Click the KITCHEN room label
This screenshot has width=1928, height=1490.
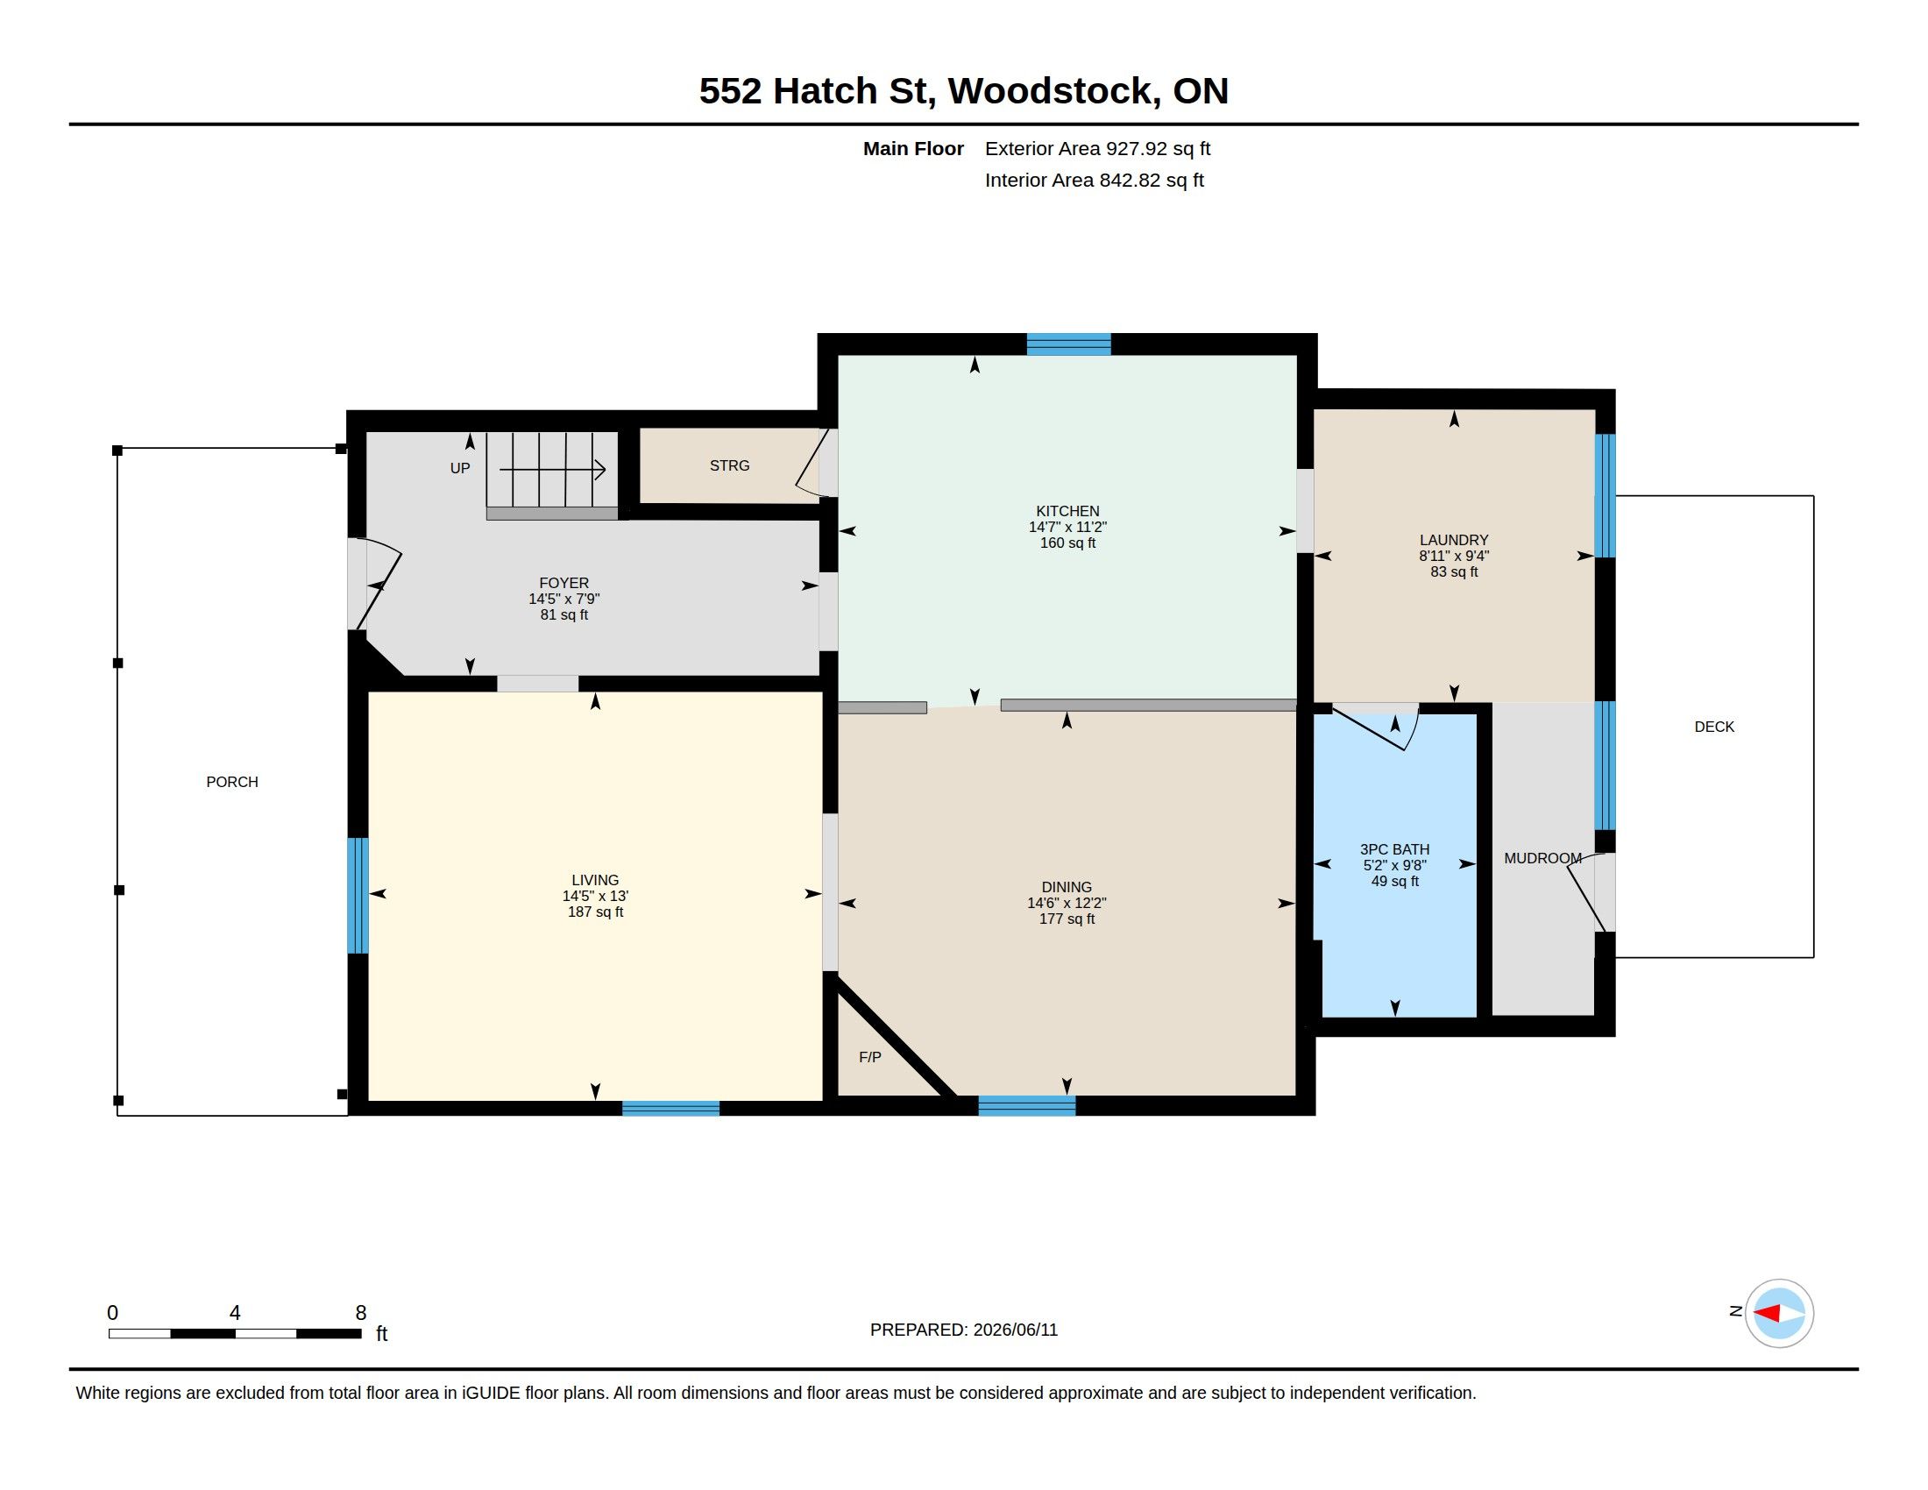[x=1067, y=511]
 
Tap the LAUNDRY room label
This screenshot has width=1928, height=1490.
[x=1454, y=540]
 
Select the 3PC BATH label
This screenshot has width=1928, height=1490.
[x=1395, y=849]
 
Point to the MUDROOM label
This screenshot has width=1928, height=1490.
[x=1542, y=858]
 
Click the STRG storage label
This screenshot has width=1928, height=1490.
[x=729, y=465]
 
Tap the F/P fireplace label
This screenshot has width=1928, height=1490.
[x=869, y=1057]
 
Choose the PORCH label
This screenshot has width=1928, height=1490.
[x=232, y=782]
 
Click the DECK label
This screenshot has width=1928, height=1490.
[x=1714, y=727]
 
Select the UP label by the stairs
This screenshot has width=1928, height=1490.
[x=460, y=468]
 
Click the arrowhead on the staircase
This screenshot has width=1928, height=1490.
[x=600, y=470]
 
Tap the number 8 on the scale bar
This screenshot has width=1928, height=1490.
[x=360, y=1313]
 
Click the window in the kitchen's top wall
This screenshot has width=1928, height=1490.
[x=1068, y=344]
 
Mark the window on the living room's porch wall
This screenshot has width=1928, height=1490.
[x=358, y=895]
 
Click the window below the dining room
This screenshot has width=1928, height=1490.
[x=1027, y=1105]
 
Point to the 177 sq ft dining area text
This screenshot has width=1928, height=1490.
[x=1067, y=919]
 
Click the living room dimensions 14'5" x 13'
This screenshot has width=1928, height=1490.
[x=595, y=896]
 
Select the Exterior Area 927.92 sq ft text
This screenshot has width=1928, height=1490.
[x=1097, y=148]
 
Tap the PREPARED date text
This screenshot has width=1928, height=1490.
[x=964, y=1330]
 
